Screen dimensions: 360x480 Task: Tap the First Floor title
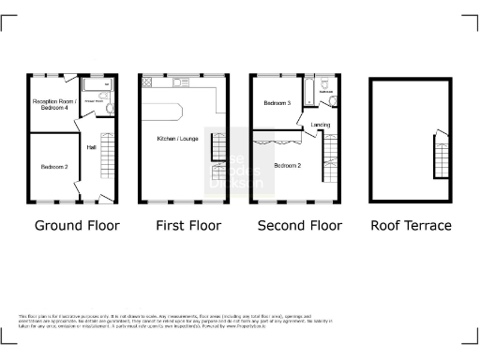(x=188, y=226)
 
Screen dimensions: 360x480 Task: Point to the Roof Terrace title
(x=411, y=226)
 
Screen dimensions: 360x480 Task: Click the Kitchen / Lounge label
(x=174, y=140)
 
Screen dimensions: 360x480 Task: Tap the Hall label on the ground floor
(x=92, y=147)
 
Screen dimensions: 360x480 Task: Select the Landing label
(x=320, y=125)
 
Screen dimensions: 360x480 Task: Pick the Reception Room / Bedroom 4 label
(x=52, y=103)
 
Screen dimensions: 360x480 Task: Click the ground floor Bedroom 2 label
(x=52, y=167)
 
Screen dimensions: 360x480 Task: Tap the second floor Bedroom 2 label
(x=287, y=165)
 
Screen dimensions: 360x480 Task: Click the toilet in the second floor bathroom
(x=331, y=100)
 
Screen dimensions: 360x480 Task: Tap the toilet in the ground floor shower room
(x=109, y=109)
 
